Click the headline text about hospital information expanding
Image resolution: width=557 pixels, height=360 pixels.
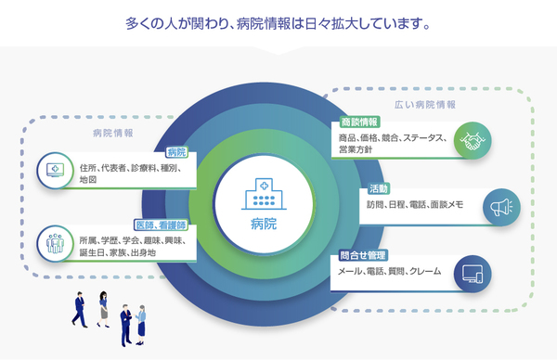(278, 20)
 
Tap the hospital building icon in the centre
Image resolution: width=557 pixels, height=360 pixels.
(264, 195)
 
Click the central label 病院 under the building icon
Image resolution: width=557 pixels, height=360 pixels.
(264, 225)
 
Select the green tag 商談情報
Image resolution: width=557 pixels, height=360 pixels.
(360, 122)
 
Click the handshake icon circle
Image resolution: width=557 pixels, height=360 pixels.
(473, 141)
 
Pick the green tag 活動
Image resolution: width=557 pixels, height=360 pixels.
(378, 188)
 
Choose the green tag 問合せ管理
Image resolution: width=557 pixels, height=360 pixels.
(363, 254)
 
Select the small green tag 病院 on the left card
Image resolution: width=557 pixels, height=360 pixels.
(176, 152)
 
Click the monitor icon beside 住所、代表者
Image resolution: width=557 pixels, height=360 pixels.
(54, 172)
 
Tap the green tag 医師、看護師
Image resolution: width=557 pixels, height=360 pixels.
(161, 225)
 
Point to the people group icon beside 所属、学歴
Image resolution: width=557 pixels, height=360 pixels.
(54, 245)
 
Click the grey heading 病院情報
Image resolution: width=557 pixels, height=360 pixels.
(112, 134)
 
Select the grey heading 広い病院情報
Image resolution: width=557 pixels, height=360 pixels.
(425, 105)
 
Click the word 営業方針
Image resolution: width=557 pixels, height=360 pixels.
(356, 150)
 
